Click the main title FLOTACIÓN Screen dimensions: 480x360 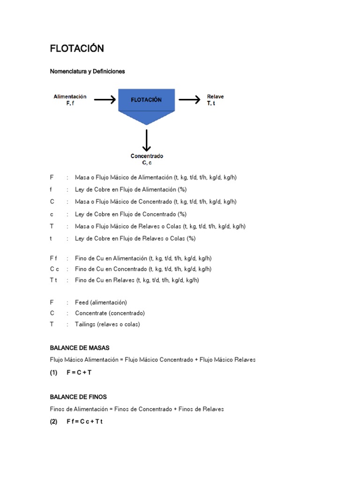point(77,49)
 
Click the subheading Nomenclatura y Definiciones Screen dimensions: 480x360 point(87,72)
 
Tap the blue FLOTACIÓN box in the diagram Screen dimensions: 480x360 point(146,100)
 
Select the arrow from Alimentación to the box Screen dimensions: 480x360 point(105,99)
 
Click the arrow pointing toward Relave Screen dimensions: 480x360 point(189,99)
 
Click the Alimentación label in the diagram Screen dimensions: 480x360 point(70,97)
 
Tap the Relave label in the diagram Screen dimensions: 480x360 point(216,97)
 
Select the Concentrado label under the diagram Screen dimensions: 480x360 point(147,157)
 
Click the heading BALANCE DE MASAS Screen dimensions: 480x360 point(80,348)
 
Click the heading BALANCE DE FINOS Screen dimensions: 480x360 point(79,397)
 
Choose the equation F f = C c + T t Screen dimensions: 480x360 point(84,421)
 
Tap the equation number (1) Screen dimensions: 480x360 point(53,373)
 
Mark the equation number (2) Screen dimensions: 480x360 point(53,421)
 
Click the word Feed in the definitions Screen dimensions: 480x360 point(82,303)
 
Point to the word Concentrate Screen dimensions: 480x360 point(90,313)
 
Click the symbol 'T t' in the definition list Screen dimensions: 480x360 point(53,280)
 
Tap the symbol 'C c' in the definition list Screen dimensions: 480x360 point(54,269)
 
